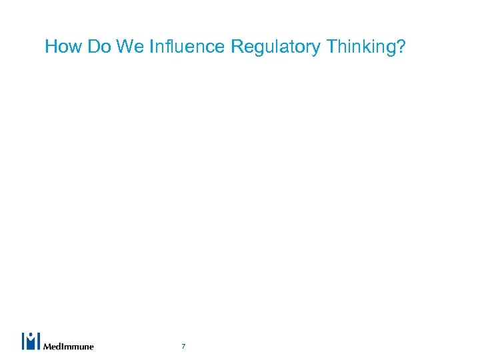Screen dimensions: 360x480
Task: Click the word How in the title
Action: coord(61,47)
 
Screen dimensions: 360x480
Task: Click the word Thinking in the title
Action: coord(353,48)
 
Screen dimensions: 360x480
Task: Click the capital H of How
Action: coord(51,47)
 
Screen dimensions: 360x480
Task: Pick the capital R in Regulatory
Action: coord(236,47)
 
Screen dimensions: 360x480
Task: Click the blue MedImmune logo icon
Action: coord(31,341)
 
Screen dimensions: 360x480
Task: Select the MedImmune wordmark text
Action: coord(68,346)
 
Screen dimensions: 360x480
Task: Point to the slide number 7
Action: coord(183,346)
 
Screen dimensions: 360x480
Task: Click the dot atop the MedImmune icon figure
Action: coord(31,335)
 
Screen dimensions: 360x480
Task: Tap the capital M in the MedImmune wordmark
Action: coord(47,346)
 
